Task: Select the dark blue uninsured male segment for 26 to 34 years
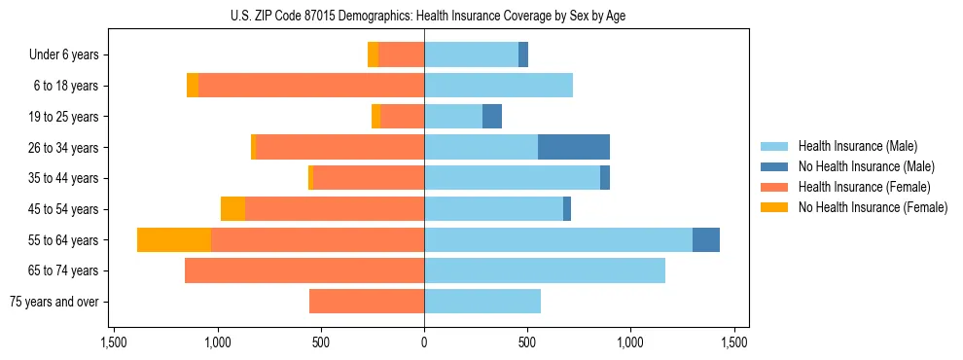pos(574,147)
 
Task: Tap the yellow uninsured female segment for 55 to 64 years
pos(174,239)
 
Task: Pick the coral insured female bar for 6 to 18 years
pos(311,86)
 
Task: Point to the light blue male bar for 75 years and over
pos(482,302)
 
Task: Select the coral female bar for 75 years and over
pos(367,302)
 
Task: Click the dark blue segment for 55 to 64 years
pos(706,239)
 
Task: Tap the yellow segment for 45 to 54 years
pos(232,208)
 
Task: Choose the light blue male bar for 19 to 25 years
pos(453,117)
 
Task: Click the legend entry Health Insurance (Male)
pos(857,146)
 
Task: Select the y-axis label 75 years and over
pos(53,302)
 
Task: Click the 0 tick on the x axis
pos(424,342)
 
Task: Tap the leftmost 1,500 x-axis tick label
pos(114,342)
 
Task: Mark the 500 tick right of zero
pos(527,342)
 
